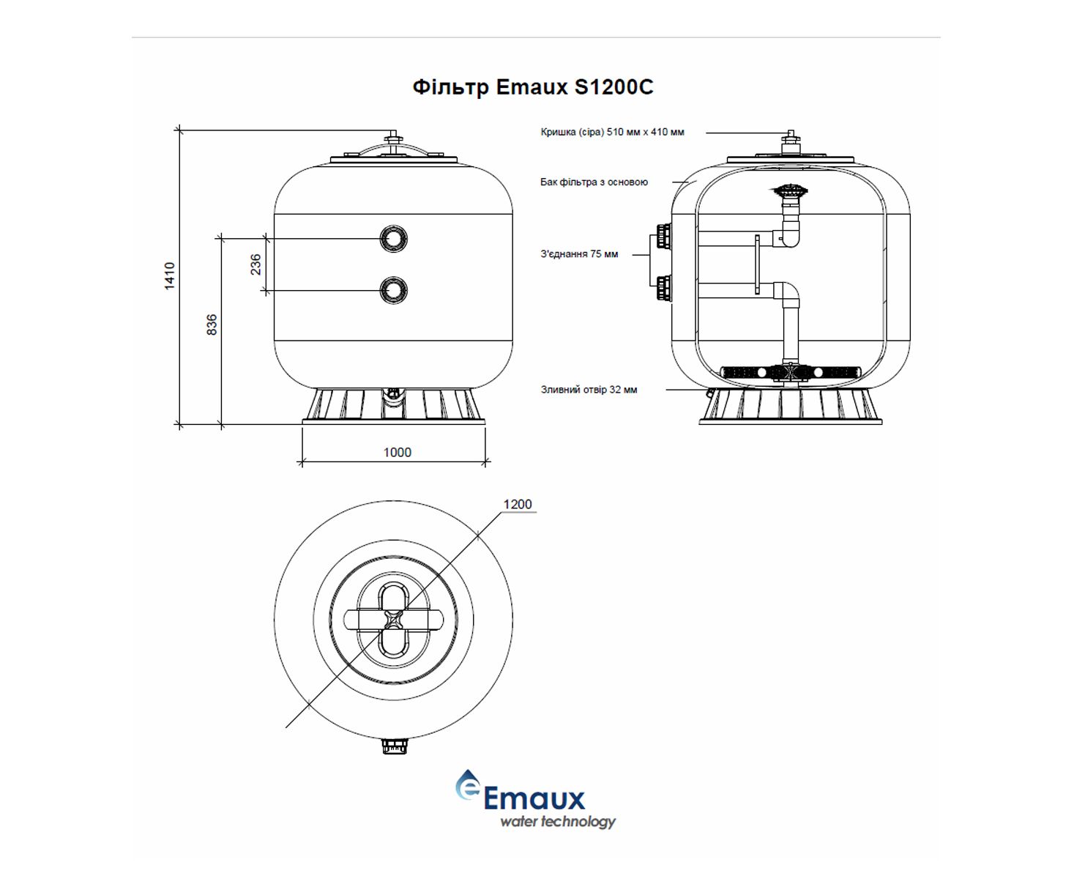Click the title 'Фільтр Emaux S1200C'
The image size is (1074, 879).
[533, 87]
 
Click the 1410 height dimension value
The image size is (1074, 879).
[170, 276]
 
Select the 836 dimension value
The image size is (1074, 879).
[212, 324]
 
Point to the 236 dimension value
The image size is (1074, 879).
[256, 264]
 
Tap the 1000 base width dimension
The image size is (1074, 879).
[398, 453]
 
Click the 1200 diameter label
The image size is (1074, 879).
[518, 505]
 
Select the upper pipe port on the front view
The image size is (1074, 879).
[394, 239]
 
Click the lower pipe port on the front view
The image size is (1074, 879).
[394, 291]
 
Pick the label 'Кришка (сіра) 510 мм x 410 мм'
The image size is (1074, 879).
[612, 133]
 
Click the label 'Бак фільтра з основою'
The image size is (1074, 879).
[594, 182]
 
